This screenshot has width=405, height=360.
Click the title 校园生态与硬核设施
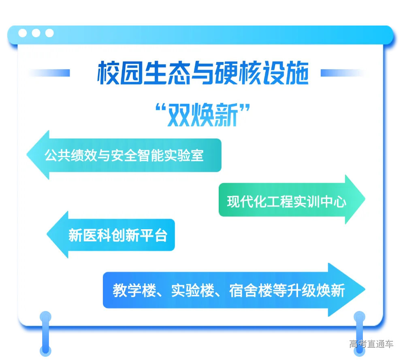pyautogui.click(x=202, y=73)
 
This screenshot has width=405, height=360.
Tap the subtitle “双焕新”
pyautogui.click(x=202, y=114)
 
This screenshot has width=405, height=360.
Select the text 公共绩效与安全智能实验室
pyautogui.click(x=124, y=156)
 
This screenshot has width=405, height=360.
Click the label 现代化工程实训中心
pyautogui.click(x=286, y=201)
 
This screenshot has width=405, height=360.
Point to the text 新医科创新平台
pyautogui.click(x=117, y=235)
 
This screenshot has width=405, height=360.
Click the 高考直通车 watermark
pyautogui.click(x=371, y=344)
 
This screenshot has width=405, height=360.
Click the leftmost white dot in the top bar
pyautogui.click(x=23, y=33)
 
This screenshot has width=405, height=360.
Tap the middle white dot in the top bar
pyautogui.click(x=36, y=33)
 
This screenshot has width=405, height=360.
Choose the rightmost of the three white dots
pyautogui.click(x=49, y=33)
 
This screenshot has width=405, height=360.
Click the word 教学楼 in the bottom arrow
pyautogui.click(x=130, y=291)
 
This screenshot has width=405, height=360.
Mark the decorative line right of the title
pyautogui.click(x=342, y=73)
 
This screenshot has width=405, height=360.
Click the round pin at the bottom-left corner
pyautogui.click(x=46, y=317)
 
